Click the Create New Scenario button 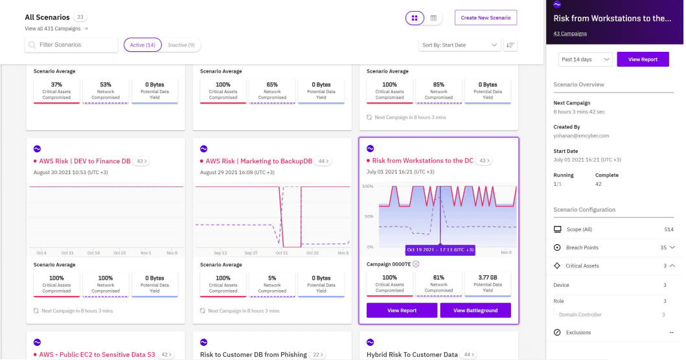pos(485,17)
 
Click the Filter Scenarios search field pos(71,45)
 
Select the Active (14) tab pos(142,45)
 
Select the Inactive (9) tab pos(181,45)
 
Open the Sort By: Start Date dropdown pos(459,45)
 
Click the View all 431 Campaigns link pos(56,28)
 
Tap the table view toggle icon pos(433,18)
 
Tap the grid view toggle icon pos(415,18)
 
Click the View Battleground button pos(475,310)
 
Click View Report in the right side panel pos(643,59)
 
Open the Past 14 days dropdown pos(585,59)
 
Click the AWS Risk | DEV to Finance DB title pos(84,161)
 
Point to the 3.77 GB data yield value pos(487,278)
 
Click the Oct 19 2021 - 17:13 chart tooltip pos(440,249)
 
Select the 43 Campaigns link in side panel pos(570,33)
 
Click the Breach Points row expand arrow pos(672,247)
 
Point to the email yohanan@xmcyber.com pos(581,135)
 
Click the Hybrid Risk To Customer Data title pos(411,354)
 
